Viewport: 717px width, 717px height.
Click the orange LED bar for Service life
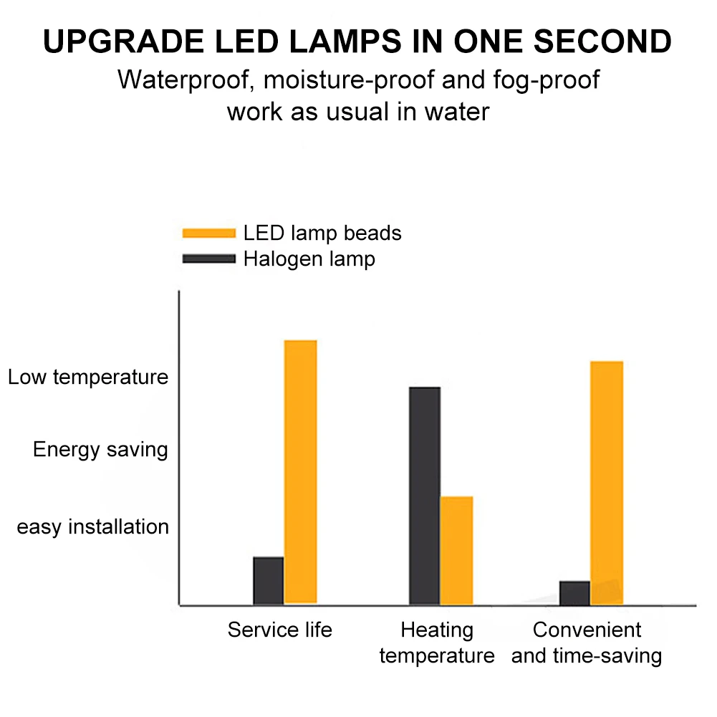(301, 471)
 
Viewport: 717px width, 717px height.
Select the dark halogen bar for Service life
(269, 580)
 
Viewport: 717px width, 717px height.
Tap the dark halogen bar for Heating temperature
(425, 496)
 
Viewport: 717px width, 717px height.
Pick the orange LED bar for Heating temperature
(456, 550)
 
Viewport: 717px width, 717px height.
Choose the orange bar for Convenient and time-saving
(607, 482)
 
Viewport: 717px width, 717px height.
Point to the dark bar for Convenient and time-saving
(574, 592)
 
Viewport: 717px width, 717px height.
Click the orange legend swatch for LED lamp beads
(209, 233)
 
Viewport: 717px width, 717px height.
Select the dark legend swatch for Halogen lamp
(209, 259)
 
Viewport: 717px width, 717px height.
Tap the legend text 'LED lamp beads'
(322, 233)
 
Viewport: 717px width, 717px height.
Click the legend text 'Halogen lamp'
(309, 259)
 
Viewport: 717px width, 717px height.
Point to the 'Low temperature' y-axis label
(88, 377)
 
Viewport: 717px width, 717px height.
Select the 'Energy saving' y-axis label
(100, 450)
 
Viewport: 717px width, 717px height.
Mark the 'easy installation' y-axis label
(93, 527)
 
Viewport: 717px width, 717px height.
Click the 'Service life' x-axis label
(280, 630)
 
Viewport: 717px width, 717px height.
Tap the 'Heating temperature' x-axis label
(437, 643)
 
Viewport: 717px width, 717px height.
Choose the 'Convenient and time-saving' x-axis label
(587, 643)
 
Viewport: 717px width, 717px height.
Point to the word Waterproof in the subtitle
(183, 80)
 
